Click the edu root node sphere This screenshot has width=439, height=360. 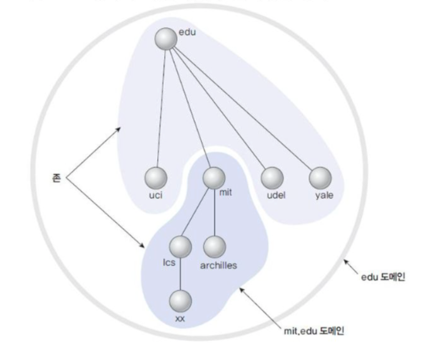[166, 39]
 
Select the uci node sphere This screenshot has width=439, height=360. [156, 177]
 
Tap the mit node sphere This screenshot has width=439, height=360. [214, 177]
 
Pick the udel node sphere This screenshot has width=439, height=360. [272, 177]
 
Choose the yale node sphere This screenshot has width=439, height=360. [320, 177]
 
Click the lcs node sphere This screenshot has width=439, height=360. [180, 246]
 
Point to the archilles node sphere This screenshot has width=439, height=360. [215, 246]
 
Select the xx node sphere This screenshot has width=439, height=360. [180, 301]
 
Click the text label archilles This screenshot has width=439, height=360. [218, 265]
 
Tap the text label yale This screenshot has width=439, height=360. [324, 195]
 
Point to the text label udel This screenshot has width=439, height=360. [275, 195]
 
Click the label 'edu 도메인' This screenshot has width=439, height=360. [383, 276]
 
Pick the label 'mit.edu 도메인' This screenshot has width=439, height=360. [313, 330]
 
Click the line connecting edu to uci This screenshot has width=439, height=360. [161, 106]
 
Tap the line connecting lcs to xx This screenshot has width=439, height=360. [180, 274]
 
